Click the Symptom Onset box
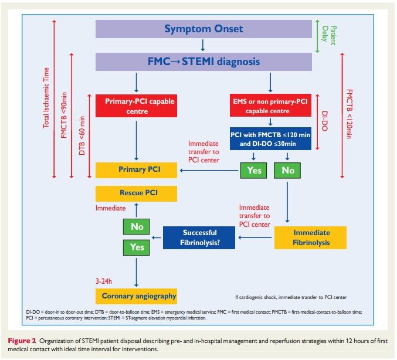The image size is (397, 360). [x=203, y=29]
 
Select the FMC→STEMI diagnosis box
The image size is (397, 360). [x=203, y=61]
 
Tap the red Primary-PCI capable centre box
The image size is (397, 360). [x=139, y=106]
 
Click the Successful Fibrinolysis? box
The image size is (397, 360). [x=199, y=236]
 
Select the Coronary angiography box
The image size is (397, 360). [x=139, y=296]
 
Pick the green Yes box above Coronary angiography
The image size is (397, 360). [x=137, y=247]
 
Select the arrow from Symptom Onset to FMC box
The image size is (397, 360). [x=203, y=45]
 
